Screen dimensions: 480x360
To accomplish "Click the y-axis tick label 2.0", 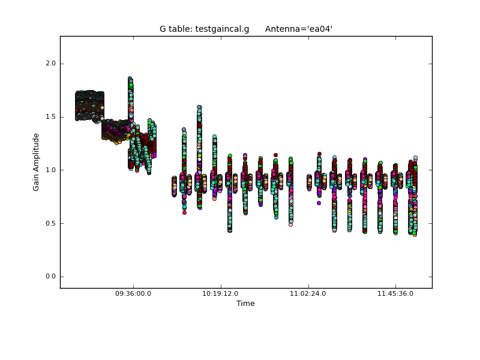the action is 51,64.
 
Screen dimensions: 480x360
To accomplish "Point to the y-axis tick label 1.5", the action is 51,117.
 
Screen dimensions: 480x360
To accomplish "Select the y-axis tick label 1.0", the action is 51,170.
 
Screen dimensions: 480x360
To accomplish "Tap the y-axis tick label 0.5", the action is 51,223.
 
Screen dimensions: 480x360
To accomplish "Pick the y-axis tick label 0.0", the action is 51,277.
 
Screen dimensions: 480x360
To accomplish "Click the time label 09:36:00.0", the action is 133,293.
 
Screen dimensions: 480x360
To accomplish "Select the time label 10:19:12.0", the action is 220,293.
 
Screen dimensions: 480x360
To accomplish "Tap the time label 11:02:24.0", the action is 308,293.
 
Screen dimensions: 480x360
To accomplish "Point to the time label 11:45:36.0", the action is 395,293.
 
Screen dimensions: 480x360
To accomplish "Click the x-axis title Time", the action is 245,304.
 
